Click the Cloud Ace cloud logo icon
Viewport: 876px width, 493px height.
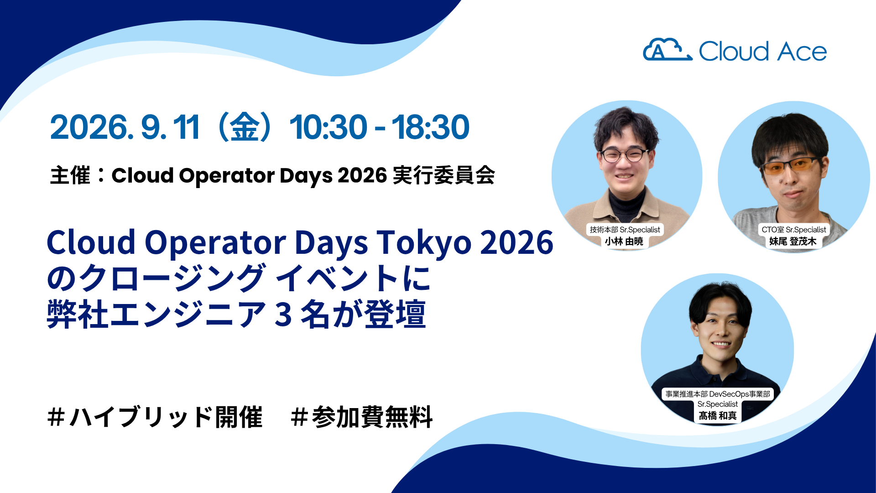tap(667, 50)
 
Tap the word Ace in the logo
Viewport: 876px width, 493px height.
tap(802, 51)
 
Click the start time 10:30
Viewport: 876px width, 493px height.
tap(328, 127)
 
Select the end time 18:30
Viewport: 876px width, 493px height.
tap(430, 127)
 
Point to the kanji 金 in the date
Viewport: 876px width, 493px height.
tap(245, 127)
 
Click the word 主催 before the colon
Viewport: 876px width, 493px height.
tap(70, 175)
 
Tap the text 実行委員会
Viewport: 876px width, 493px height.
tap(443, 175)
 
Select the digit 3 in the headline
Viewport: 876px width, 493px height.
tap(283, 315)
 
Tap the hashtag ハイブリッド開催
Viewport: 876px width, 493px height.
tap(155, 417)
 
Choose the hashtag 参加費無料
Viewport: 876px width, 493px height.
tap(361, 417)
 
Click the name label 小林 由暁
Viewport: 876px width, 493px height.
tap(624, 241)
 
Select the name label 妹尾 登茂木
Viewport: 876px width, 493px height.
tap(793, 241)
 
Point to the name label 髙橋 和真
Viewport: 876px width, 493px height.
tap(718, 415)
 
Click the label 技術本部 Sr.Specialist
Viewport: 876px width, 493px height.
tap(625, 230)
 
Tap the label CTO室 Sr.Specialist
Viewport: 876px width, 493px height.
tap(794, 230)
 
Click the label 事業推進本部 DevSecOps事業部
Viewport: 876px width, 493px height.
tap(718, 394)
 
